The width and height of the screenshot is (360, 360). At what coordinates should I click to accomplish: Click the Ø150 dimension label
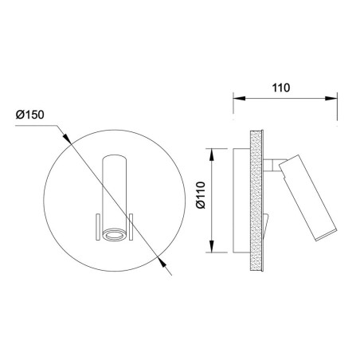[29, 115]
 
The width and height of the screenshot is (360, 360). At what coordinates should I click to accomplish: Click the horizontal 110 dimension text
[281, 88]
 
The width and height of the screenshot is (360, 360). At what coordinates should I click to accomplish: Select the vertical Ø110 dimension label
[201, 195]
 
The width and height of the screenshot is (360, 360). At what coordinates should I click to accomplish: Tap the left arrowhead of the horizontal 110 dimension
[239, 98]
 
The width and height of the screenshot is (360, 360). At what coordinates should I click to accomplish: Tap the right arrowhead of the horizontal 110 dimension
[331, 98]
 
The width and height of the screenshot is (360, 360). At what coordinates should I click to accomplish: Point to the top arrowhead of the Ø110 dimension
[212, 155]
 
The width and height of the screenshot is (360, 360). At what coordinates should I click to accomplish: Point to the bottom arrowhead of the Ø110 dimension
[212, 246]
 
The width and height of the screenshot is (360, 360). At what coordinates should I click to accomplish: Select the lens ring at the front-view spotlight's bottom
[115, 235]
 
